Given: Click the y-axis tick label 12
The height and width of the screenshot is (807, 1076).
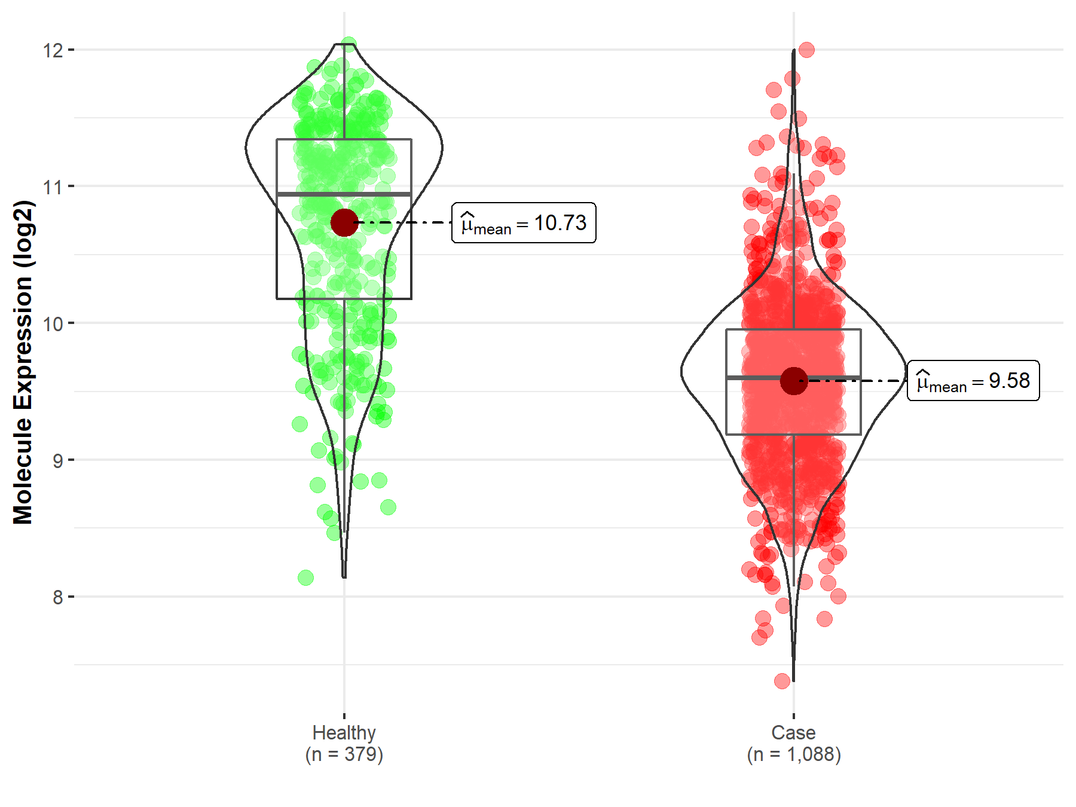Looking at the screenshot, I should coord(53,50).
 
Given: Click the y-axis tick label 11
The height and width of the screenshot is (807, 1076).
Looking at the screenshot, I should coord(53,187).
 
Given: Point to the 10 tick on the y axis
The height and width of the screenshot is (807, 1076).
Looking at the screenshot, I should coord(53,324).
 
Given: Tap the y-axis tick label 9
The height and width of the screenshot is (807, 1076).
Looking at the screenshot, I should coord(57,461).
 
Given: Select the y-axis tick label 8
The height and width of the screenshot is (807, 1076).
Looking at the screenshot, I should coord(57,597).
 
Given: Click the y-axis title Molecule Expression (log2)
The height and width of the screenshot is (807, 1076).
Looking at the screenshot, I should coord(23,362).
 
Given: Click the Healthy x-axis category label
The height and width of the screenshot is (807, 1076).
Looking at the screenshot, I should coord(344,732).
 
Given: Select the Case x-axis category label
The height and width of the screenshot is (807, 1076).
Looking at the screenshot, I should coord(793,732).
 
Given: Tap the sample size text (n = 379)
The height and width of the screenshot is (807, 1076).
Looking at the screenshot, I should coord(344,754).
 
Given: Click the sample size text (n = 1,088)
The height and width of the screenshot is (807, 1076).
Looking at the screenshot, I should coord(793,754).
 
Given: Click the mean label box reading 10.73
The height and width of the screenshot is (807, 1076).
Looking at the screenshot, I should coord(524,223).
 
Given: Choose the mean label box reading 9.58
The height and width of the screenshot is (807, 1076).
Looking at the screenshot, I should coord(973,381).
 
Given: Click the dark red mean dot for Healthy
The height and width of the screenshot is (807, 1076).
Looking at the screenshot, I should coord(344,222).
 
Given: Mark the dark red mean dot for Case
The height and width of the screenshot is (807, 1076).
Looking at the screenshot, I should coord(794,381).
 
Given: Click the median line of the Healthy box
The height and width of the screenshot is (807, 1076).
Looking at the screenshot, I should coord(311,194).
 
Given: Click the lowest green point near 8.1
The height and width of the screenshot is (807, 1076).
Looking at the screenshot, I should coord(305,577).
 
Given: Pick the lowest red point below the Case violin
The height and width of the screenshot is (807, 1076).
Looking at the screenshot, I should coord(782,680).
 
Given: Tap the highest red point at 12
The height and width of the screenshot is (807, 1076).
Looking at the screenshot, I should coord(806,50).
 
